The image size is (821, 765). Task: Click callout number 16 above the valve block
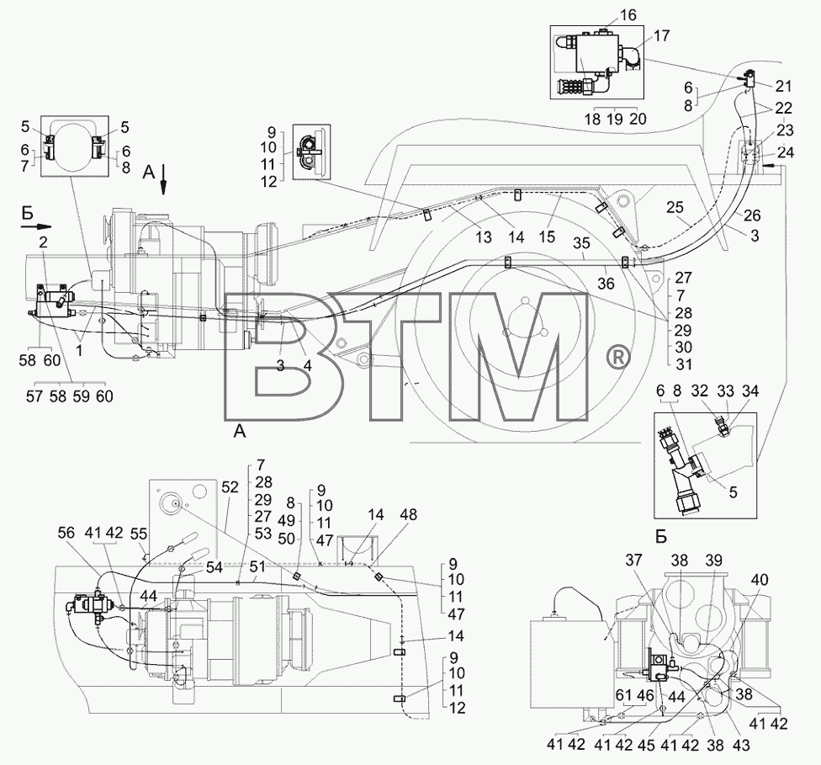pos(628,15)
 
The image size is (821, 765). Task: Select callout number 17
pos(661,36)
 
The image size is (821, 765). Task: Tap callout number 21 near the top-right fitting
pos(783,86)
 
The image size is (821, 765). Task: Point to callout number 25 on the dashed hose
pos(675,208)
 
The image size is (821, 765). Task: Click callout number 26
pos(752,215)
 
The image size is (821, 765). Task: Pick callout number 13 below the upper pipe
pos(484,237)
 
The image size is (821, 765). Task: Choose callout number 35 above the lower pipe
pos(581,243)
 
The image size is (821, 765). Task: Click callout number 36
pos(606,284)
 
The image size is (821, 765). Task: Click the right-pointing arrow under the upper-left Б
pos(36,227)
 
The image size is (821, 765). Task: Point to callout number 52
pos(230,488)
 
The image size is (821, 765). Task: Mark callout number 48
pos(409,515)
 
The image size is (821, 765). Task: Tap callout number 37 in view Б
pos(633,560)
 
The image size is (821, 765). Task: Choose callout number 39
pos(712,560)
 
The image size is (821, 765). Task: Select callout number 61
pos(623,695)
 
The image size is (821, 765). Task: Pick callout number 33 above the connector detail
pos(726,390)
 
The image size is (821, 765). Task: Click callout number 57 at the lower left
pos(34,396)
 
